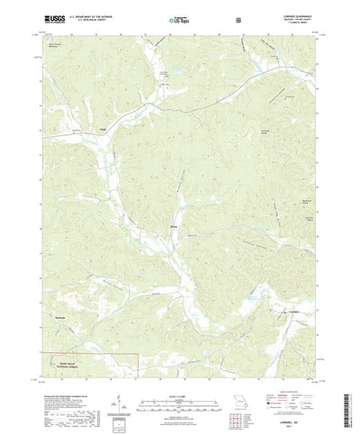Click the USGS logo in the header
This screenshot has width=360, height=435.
pos(51,18)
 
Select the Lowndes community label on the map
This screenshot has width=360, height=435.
pos(294,312)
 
